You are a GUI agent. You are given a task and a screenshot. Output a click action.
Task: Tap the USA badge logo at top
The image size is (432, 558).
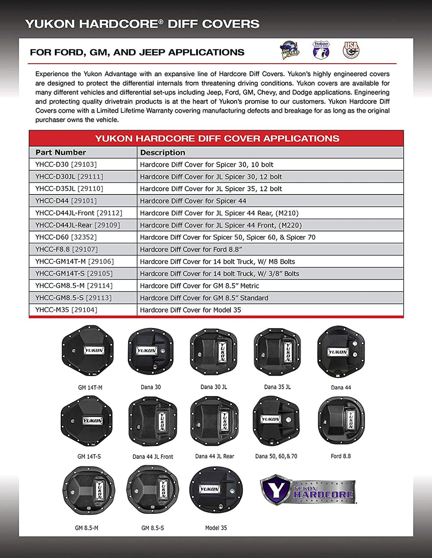pyautogui.click(x=351, y=50)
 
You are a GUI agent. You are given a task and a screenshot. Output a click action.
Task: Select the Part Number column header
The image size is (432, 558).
pyautogui.click(x=61, y=152)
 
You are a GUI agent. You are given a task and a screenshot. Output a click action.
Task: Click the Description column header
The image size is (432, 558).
pyautogui.click(x=162, y=152)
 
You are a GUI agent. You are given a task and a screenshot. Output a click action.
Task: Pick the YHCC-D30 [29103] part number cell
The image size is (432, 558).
pyautogui.click(x=66, y=165)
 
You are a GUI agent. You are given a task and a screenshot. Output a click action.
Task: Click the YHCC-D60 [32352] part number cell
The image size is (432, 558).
pyautogui.click(x=66, y=237)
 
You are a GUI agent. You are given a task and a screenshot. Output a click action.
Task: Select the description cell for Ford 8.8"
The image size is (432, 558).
pyautogui.click(x=191, y=249)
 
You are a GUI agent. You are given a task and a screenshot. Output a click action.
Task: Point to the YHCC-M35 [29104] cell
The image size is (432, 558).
pyautogui.click(x=66, y=310)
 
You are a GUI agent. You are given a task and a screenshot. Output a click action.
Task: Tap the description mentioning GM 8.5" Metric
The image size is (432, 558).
pyautogui.click(x=200, y=286)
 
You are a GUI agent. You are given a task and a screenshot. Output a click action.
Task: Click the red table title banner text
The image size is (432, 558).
pyautogui.click(x=217, y=139)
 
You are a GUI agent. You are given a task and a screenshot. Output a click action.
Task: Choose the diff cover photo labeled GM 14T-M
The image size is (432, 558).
pyautogui.click(x=88, y=350)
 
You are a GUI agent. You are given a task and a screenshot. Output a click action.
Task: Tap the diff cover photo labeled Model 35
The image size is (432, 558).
pyautogui.click(x=216, y=489)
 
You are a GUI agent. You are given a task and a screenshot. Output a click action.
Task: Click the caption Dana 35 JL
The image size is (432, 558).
pyautogui.click(x=277, y=387)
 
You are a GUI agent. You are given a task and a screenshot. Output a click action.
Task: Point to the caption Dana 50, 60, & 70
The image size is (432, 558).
pyautogui.click(x=276, y=456)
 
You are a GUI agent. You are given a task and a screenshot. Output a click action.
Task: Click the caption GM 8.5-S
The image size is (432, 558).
pyautogui.click(x=153, y=528)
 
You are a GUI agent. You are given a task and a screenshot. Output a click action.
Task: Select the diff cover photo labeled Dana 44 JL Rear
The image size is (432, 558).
pyautogui.click(x=214, y=421)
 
